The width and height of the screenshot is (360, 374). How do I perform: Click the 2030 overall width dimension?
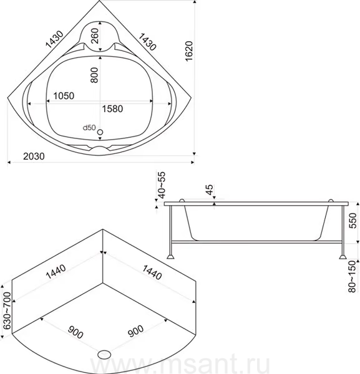click(34, 156)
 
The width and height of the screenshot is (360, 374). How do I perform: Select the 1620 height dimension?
click(189, 51)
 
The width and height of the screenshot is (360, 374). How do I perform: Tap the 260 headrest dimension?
click(95, 36)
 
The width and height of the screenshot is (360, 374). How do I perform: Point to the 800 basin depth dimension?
click(94, 75)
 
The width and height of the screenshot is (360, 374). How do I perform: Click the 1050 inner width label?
click(64, 95)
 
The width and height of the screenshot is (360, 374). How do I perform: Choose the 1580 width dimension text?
click(112, 108)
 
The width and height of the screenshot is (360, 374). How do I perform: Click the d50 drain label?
click(89, 128)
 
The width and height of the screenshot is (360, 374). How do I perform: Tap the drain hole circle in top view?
click(100, 132)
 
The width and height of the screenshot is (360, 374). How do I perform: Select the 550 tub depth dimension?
click(353, 221)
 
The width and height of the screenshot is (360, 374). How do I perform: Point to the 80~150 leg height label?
click(352, 277)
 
